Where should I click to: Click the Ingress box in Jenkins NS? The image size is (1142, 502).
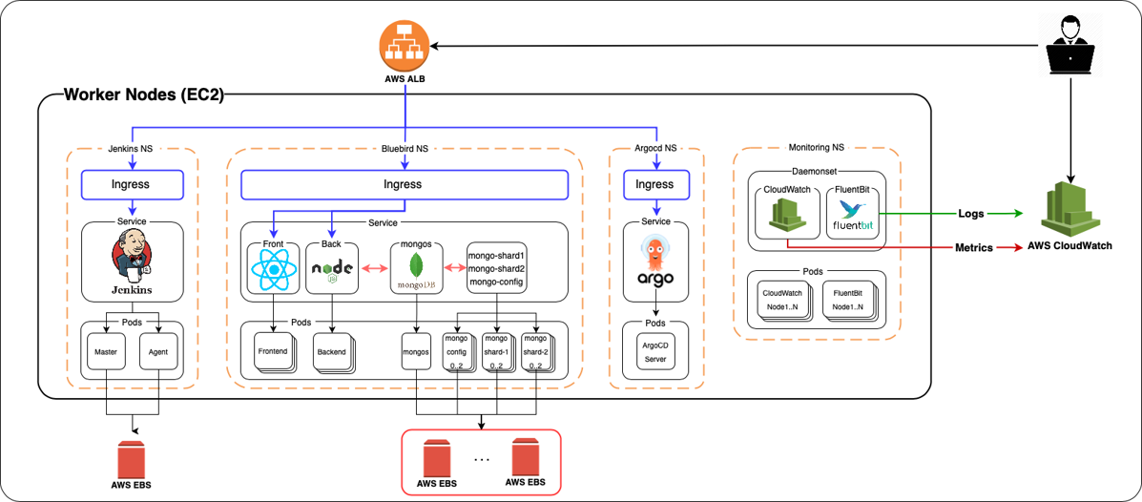pyautogui.click(x=131, y=184)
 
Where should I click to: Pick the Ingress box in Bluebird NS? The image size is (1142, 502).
pyautogui.click(x=403, y=184)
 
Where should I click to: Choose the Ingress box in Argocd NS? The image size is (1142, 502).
pyautogui.click(x=654, y=184)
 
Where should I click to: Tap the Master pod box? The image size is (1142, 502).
pyautogui.click(x=105, y=352)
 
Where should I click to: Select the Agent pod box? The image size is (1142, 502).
pyautogui.click(x=157, y=352)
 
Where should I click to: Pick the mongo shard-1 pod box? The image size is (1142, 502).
pyautogui.click(x=495, y=352)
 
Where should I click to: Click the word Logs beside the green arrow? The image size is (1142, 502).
pyautogui.click(x=972, y=214)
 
